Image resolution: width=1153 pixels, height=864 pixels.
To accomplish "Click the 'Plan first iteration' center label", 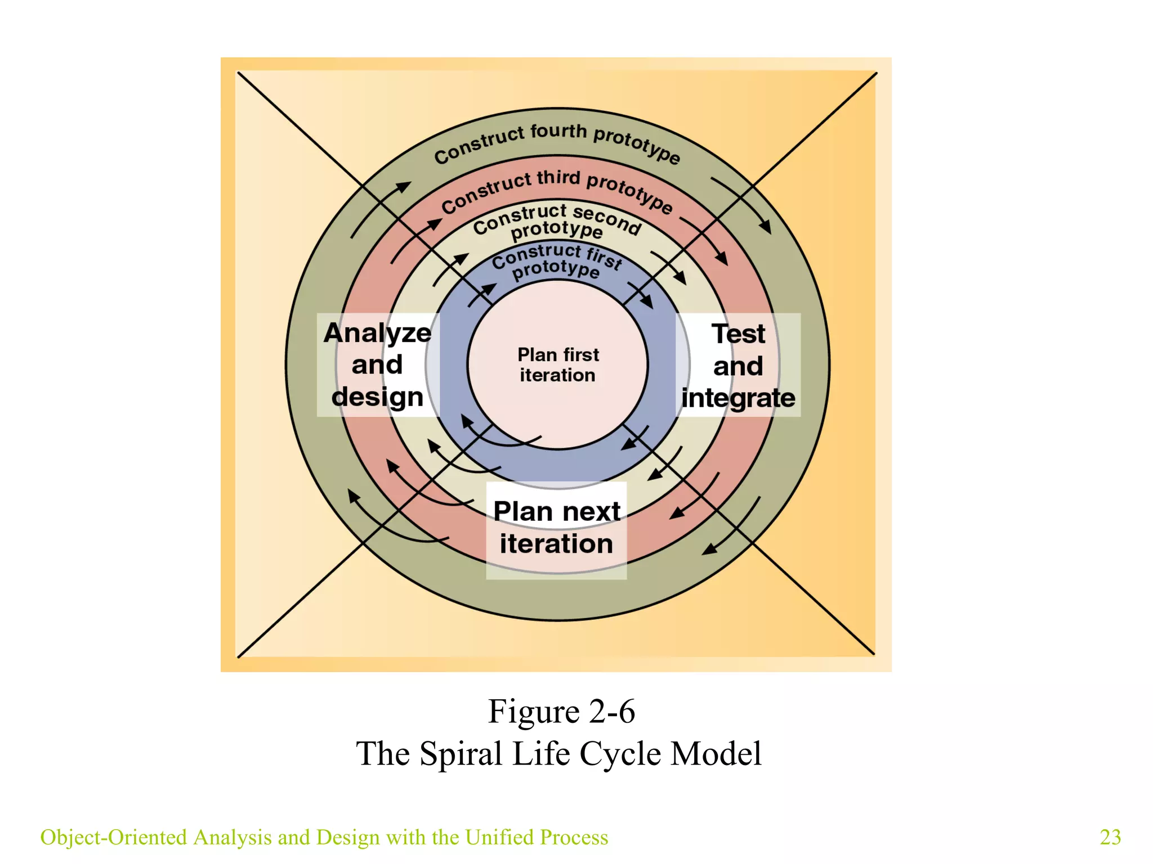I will click(x=558, y=364).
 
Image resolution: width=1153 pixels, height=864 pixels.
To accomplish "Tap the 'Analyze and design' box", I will click(x=377, y=364).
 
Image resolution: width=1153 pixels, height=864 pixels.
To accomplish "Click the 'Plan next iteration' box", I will click(x=556, y=528).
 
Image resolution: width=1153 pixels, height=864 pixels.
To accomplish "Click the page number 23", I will click(x=1110, y=837).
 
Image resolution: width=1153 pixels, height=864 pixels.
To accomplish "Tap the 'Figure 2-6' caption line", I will click(x=561, y=711).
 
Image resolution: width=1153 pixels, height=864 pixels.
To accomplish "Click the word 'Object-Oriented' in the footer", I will click(x=113, y=837).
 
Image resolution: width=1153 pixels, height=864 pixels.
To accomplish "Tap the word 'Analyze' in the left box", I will click(x=377, y=333).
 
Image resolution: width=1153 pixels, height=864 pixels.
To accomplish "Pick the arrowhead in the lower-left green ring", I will click(x=354, y=497).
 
